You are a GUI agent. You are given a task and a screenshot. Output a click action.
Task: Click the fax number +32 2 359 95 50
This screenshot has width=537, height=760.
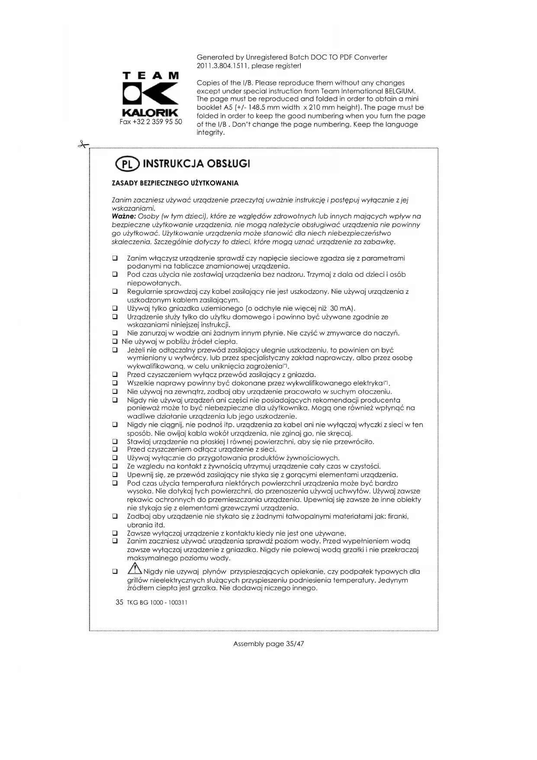[151, 122]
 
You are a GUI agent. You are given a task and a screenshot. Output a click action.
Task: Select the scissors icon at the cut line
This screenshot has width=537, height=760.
[83, 145]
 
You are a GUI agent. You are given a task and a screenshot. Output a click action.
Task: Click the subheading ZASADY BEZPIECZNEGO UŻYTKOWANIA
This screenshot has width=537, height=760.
[175, 183]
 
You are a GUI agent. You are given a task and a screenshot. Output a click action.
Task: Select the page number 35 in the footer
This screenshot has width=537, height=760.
[120, 602]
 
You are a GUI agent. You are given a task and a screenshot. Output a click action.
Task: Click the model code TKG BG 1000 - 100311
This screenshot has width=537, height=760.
[157, 603]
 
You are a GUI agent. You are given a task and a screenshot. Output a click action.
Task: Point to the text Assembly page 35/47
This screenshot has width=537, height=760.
[268, 644]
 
